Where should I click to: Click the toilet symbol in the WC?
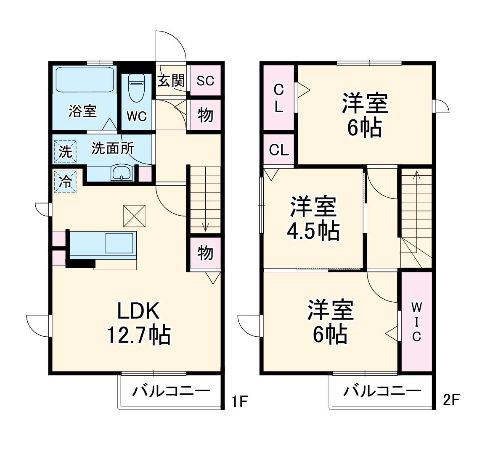pos(136,88)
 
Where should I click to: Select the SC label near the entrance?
pos(205,81)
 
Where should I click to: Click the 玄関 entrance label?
pos(171,80)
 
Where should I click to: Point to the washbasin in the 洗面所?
pos(122,173)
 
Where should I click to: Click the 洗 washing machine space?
pos(65,151)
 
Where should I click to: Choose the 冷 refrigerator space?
pos(65,181)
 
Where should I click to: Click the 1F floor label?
pos(239,402)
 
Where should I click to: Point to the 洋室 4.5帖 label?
pos(313,218)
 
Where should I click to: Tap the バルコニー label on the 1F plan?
pos(171,391)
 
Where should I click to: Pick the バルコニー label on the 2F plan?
pos(382,391)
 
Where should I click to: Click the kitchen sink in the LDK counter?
pos(120,243)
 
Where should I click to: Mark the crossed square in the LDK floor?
pos(134,216)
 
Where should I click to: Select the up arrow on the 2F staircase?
pos(416,174)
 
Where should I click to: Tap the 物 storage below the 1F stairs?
pos(205,253)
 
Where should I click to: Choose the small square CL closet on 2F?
pos(279,150)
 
